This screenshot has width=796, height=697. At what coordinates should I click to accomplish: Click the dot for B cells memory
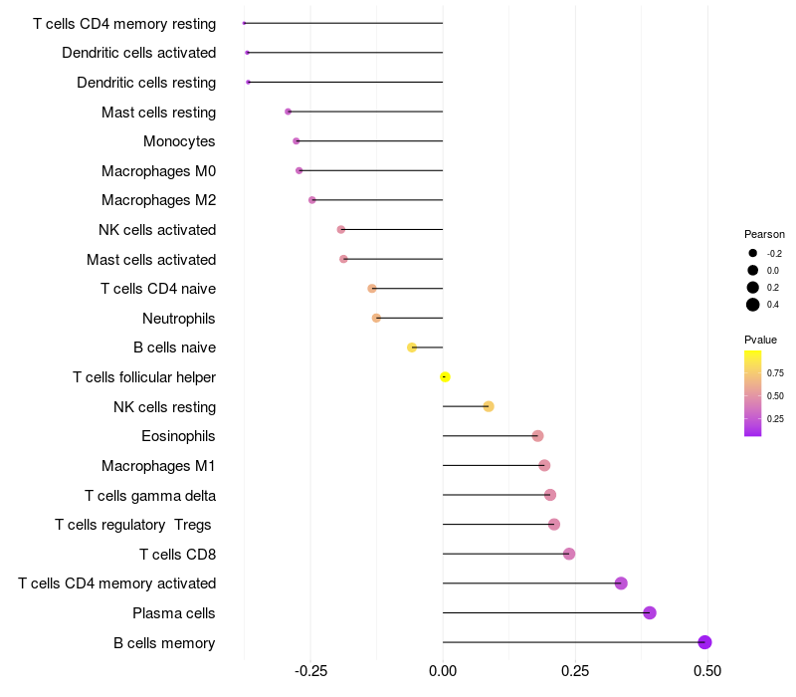point(704,642)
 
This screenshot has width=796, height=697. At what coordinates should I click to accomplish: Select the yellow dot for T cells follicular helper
point(445,377)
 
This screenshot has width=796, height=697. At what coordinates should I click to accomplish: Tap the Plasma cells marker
point(650,612)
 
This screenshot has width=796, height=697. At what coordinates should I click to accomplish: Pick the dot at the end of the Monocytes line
point(297,140)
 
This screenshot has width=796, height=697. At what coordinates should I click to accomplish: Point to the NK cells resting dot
point(489,406)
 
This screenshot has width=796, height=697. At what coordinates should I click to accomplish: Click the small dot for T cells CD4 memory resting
point(244,23)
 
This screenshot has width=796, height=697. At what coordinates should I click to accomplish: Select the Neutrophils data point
point(376,318)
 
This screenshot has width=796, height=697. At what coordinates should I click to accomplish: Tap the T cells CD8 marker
point(569,554)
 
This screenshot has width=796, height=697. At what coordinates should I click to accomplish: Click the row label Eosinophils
point(178,436)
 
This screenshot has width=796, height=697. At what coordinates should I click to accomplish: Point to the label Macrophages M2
point(159,200)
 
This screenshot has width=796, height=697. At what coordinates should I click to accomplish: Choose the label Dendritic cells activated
point(139,53)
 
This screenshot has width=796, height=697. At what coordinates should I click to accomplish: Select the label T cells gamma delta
point(150,496)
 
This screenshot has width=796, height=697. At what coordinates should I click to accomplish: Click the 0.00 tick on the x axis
point(443,671)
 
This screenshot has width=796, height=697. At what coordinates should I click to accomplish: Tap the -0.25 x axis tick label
point(310,671)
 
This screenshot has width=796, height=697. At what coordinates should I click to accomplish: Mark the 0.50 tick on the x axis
point(707,671)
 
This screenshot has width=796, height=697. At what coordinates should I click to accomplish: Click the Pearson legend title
point(764,234)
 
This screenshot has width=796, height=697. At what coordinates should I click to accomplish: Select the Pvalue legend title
point(760,340)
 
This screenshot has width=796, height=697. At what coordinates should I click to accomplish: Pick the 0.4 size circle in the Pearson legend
point(753,305)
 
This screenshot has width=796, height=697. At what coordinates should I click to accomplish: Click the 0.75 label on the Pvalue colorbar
point(775,372)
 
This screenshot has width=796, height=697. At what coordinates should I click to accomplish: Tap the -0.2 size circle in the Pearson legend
point(753,253)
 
